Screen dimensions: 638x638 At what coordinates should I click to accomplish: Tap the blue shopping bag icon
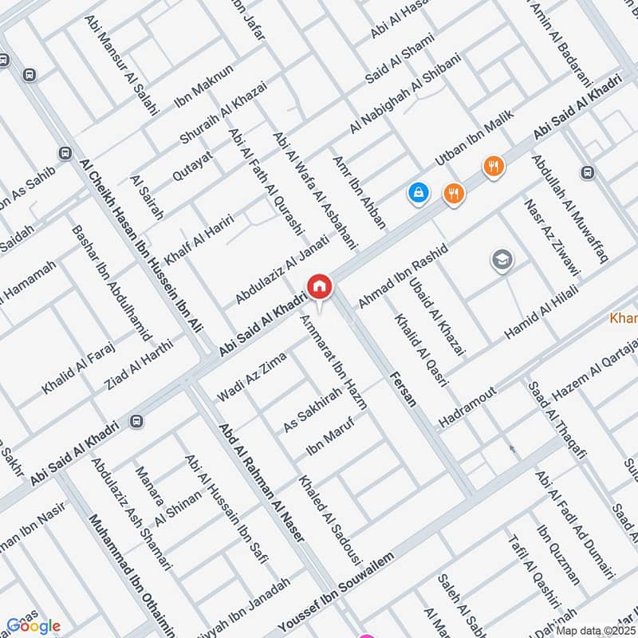pos(417,192)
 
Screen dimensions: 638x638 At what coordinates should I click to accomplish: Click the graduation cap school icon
pos(502,260)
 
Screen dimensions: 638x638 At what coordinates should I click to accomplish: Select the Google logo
pos(33,626)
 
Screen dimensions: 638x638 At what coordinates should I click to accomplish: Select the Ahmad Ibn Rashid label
pos(404,275)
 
